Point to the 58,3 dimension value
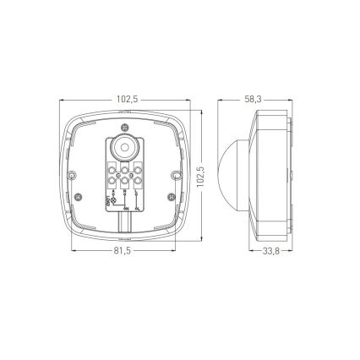pyautogui.click(x=253, y=99)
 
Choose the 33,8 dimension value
pyautogui.click(x=270, y=252)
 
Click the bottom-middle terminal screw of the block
pyautogui.click(x=125, y=179)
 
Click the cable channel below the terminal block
pyautogui.click(x=125, y=221)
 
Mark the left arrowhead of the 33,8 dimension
pyautogui.click(x=253, y=251)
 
